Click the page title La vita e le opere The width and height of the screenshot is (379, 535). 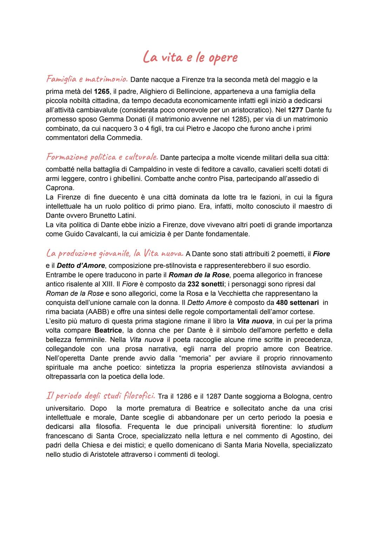point(190,58)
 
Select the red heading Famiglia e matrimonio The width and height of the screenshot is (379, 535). point(87,79)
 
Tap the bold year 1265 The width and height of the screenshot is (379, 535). point(101,92)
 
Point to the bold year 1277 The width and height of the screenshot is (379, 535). point(295,110)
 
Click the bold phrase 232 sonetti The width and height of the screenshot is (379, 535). point(206,284)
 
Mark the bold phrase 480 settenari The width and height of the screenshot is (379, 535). point(297,303)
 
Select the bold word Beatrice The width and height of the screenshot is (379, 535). point(108,330)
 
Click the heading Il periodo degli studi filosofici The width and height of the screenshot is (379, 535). point(100,396)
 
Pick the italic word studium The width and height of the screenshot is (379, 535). point(320,427)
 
